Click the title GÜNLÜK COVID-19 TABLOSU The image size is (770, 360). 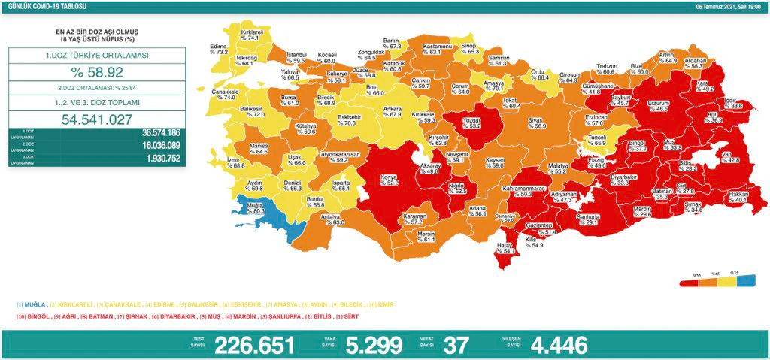[x=35, y=6]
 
